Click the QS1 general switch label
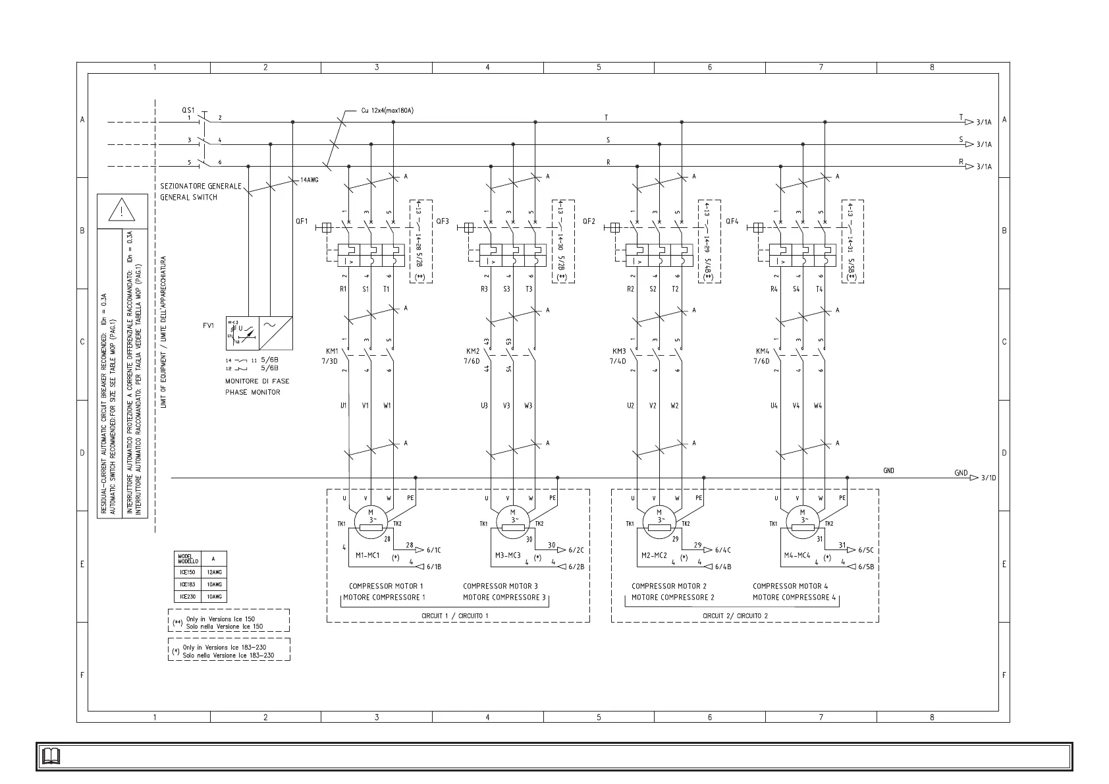coord(188,110)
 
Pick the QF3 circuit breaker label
coord(442,221)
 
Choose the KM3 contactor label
coord(619,351)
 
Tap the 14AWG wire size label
coord(309,180)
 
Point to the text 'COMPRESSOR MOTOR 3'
coord(500,586)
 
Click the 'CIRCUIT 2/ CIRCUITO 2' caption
coord(735,616)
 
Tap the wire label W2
coord(674,406)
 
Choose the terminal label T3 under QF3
coord(529,289)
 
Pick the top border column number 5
coord(599,67)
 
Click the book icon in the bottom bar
coord(51,756)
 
